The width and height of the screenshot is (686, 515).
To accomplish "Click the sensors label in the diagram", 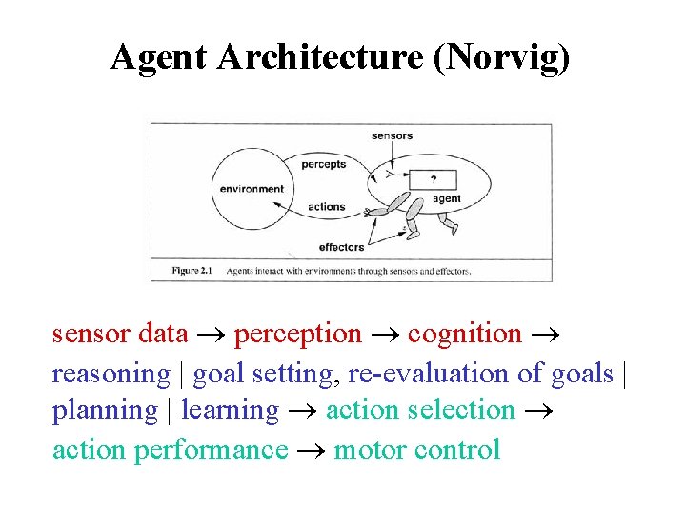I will (x=392, y=136).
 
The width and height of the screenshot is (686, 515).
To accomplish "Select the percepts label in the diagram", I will (x=323, y=165).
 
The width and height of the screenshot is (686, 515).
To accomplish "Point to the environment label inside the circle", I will (x=252, y=189).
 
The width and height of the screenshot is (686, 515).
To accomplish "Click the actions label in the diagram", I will (x=327, y=207).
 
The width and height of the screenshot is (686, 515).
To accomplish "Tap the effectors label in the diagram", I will (x=341, y=247).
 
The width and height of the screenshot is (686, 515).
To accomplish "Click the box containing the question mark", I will (x=434, y=179).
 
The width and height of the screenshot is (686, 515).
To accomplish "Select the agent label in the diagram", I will (x=447, y=199).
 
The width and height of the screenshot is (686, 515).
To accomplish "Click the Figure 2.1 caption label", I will (x=192, y=271).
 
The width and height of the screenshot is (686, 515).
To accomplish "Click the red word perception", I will (x=297, y=335).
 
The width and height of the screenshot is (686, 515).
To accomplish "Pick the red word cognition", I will (x=464, y=335).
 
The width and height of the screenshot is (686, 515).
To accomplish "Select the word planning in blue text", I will (x=104, y=411).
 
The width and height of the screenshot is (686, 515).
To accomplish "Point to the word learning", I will (x=230, y=411).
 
